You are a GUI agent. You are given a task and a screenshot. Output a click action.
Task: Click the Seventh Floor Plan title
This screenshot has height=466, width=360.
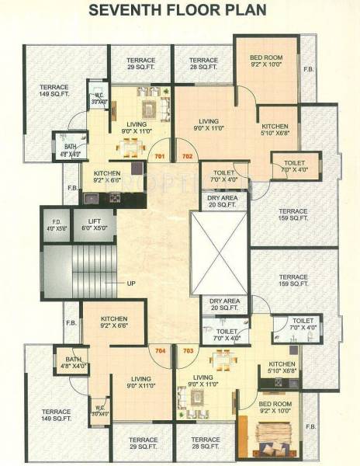pyautogui.click(x=180, y=11)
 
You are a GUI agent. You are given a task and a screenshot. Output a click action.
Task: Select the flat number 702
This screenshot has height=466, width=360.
pyautogui.click(x=187, y=156)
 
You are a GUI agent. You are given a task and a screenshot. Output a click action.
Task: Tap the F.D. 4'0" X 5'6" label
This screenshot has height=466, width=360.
pyautogui.click(x=57, y=225)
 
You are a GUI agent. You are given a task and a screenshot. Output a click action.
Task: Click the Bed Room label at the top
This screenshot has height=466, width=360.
pyautogui.click(x=266, y=61)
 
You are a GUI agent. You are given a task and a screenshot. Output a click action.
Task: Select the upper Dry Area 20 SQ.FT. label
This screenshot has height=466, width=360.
pyautogui.click(x=223, y=201)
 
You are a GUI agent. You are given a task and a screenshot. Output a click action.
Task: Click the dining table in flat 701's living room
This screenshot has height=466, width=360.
pyautogui.click(x=133, y=144)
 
